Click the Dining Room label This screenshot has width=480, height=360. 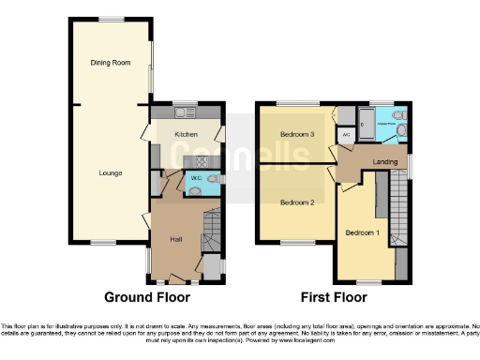coord(110,63)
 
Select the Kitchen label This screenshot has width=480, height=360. coord(186,135)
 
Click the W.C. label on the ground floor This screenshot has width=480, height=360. coord(197,177)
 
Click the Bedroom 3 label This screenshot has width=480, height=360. coord(296,135)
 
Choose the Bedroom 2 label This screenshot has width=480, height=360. coord(296,202)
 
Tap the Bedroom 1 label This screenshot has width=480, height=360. coord(363,232)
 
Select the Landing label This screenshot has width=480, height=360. coord(384,162)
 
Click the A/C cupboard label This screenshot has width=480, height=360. coord(346,135)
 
